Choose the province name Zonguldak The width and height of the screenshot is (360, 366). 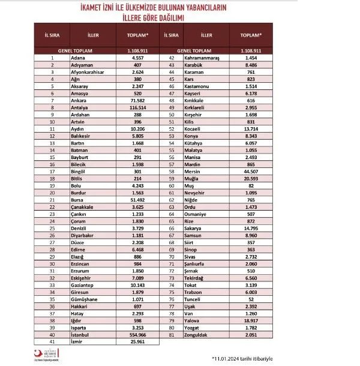[215, 335]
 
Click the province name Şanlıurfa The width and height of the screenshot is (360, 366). [215, 264]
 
